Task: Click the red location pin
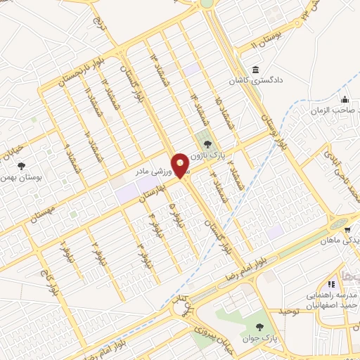click(x=181, y=165)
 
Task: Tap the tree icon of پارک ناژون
click(x=206, y=144)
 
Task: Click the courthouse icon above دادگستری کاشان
click(x=254, y=71)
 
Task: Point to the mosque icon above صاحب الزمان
click(x=345, y=98)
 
